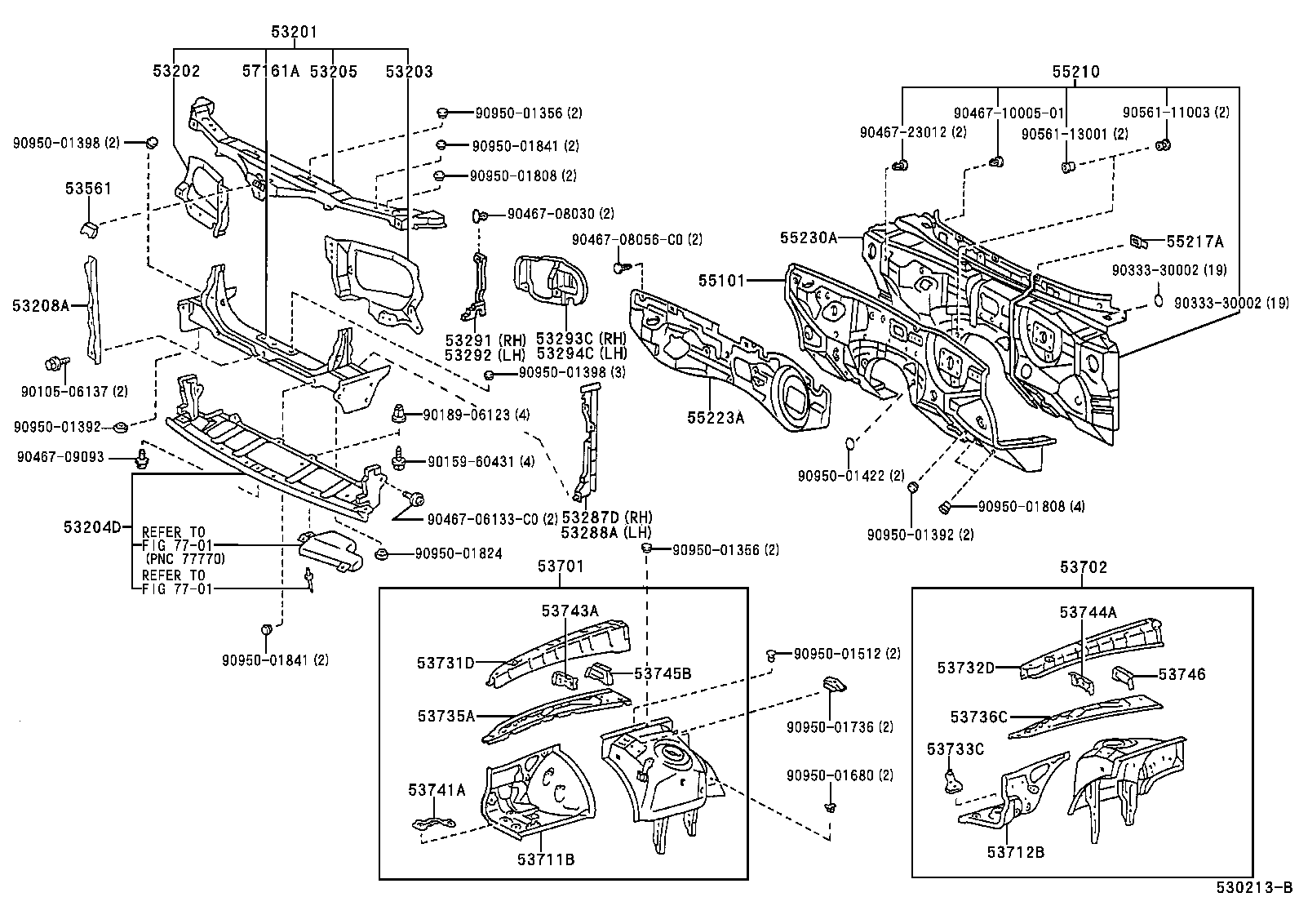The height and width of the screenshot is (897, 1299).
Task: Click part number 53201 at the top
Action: pyautogui.click(x=294, y=32)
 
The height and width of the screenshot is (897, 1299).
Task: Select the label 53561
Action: pyautogui.click(x=88, y=189)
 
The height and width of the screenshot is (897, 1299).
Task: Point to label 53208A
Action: pyautogui.click(x=38, y=304)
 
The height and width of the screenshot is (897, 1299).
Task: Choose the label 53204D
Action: pyautogui.click(x=91, y=527)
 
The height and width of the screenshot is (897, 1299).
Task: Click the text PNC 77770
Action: pyautogui.click(x=184, y=559)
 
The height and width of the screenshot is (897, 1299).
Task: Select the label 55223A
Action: pyautogui.click(x=715, y=417)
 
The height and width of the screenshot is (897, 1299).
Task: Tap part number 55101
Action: pyautogui.click(x=721, y=280)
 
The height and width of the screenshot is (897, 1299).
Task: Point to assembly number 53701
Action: pyautogui.click(x=561, y=566)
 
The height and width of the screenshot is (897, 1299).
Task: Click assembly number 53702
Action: pyautogui.click(x=1084, y=566)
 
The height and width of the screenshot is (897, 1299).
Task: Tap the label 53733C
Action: pyautogui.click(x=955, y=748)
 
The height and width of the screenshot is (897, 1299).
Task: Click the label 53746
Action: pyautogui.click(x=1182, y=674)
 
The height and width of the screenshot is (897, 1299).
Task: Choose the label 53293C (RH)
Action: pyautogui.click(x=581, y=339)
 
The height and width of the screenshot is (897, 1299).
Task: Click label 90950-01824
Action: pyautogui.click(x=458, y=553)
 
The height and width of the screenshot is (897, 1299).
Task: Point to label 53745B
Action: pyautogui.click(x=663, y=673)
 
